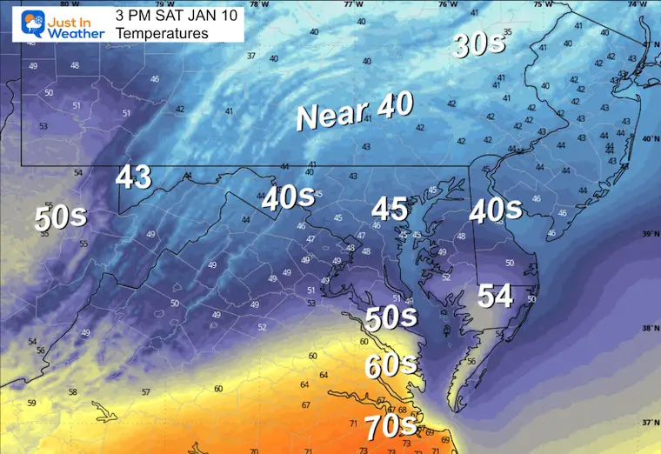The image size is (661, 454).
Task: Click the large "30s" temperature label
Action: click(x=478, y=44)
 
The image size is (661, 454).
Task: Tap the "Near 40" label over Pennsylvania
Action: click(x=355, y=113)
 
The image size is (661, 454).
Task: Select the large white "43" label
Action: click(x=134, y=177)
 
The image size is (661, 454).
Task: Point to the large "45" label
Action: click(x=390, y=209)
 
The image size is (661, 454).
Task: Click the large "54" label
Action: click(x=495, y=296)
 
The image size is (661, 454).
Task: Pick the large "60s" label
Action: click(x=391, y=366)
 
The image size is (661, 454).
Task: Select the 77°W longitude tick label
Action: click(x=353, y=3)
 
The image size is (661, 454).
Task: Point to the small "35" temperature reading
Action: click(x=507, y=32)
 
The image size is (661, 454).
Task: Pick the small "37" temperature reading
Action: click(x=250, y=56)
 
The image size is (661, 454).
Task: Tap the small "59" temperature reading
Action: click(x=31, y=403)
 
